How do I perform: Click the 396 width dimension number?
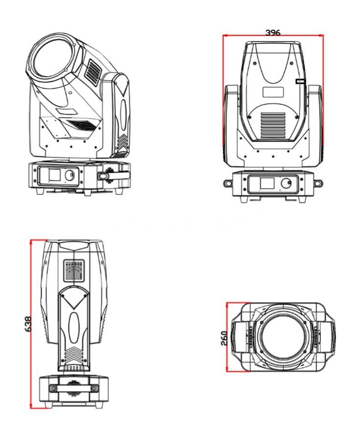[x=272, y=33]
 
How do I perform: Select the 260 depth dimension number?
[x=224, y=337]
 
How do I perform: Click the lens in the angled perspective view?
[x=50, y=59]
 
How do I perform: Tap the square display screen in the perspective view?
[x=54, y=175]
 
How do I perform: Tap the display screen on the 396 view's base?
[x=267, y=184]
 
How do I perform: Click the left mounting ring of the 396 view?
[x=228, y=183]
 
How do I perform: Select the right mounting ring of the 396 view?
[x=318, y=183]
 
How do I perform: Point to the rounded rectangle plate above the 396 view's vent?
[x=273, y=92]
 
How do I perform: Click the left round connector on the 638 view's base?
[x=52, y=388]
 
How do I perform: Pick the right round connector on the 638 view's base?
[x=94, y=388]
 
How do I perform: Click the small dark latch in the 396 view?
[x=300, y=82]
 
